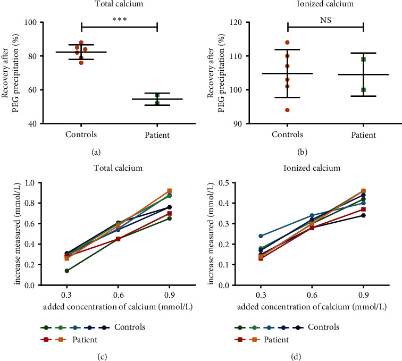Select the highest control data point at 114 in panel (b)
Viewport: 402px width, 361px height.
[287, 43]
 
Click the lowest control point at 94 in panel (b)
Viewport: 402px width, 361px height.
[287, 110]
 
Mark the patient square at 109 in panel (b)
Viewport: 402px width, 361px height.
[363, 59]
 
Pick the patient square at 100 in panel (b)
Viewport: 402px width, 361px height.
[363, 90]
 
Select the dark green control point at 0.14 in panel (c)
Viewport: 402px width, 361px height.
[81, 271]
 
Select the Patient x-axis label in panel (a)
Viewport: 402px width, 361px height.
[157, 135]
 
